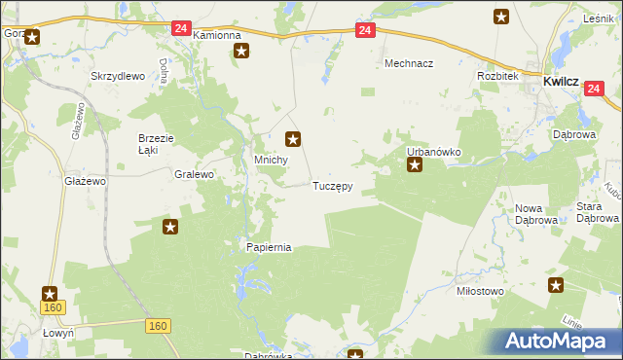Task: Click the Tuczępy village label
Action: [x=332, y=185]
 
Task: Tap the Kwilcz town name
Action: [x=563, y=83]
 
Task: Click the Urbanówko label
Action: [x=433, y=153]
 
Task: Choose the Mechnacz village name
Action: [x=408, y=63]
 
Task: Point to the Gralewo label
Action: [x=193, y=176]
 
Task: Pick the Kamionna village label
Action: [x=216, y=35]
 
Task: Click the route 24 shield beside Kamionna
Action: [x=181, y=28]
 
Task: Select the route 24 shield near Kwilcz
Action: [x=595, y=89]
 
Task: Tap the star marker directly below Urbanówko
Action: [x=415, y=165]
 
